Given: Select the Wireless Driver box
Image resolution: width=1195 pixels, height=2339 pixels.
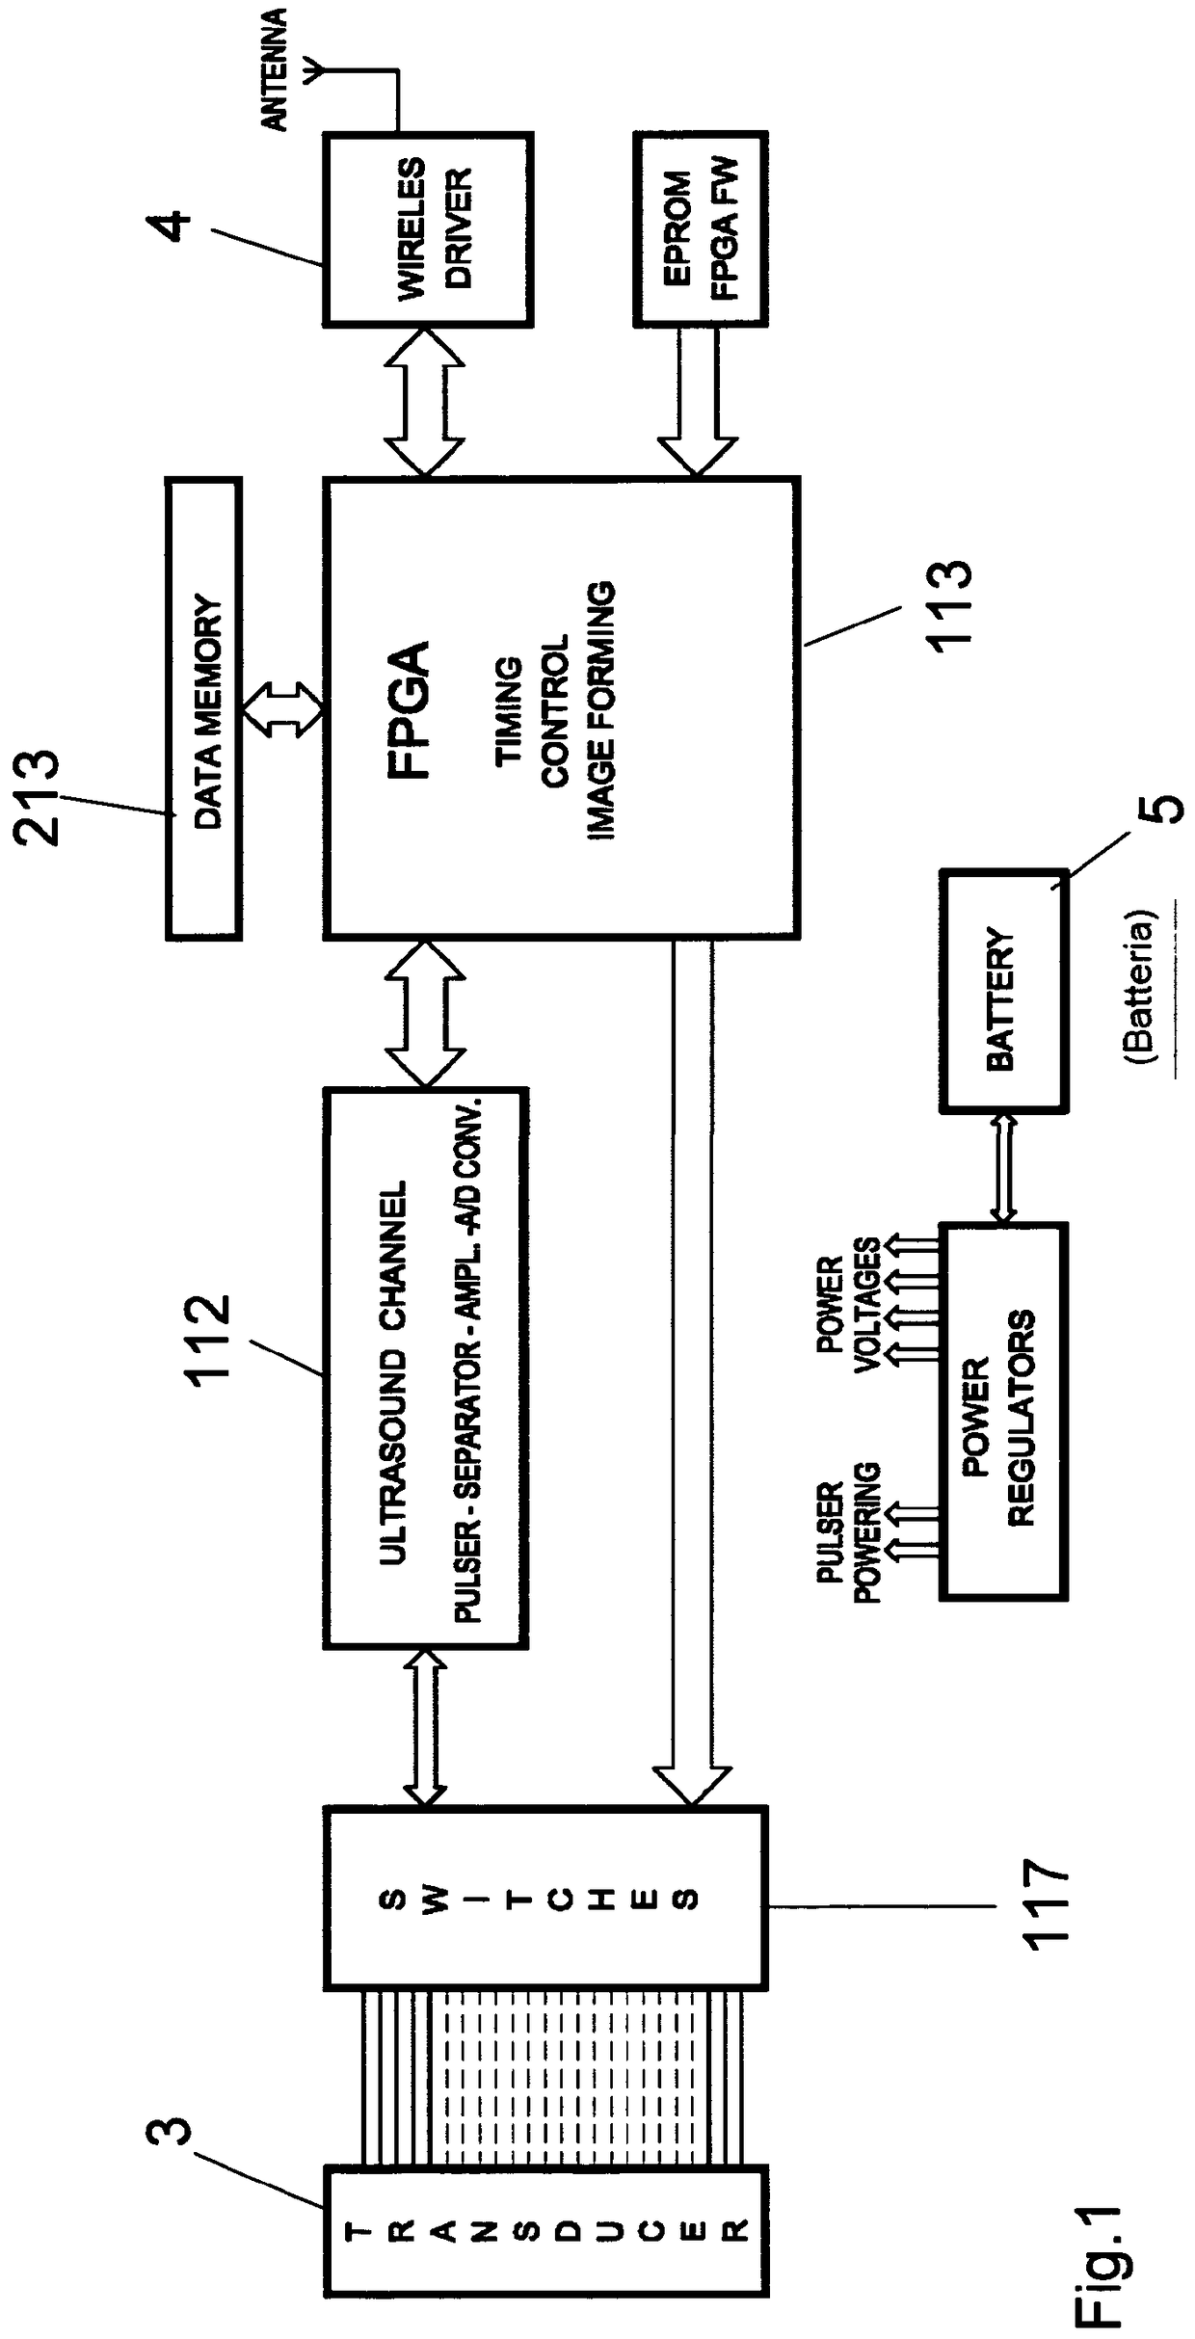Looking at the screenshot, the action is point(428,229).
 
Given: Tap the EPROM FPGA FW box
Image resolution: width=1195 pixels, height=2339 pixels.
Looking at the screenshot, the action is point(701,229).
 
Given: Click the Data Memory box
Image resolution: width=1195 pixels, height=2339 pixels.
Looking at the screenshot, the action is point(203,707).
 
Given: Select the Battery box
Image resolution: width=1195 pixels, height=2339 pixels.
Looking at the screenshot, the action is point(1003,992).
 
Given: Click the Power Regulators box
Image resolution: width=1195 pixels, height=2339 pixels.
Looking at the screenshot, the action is point(1003,1412).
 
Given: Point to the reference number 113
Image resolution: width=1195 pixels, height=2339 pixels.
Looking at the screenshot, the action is point(948,607).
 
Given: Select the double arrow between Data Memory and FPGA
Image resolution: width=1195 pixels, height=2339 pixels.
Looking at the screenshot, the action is point(284,707).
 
